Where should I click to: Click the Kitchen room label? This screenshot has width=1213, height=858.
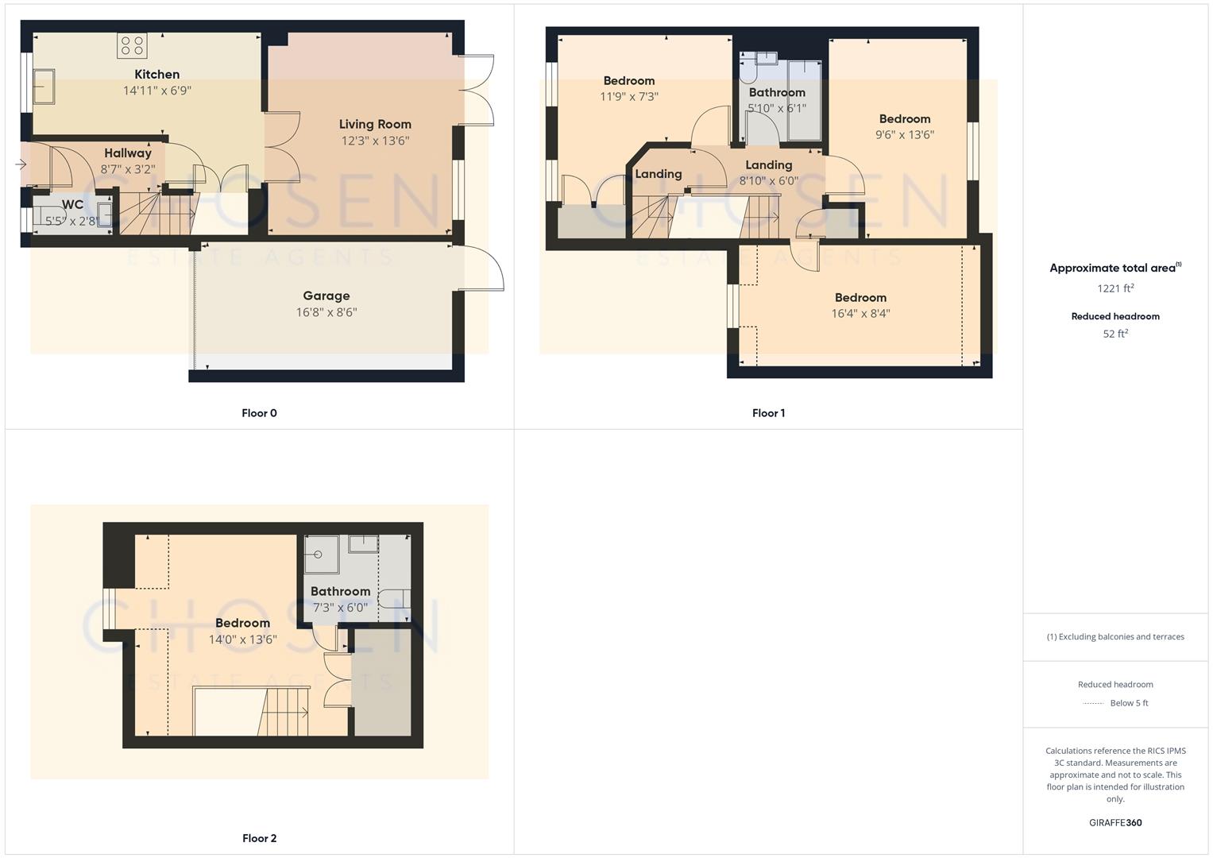point(156,75)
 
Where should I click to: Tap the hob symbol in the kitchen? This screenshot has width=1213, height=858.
point(132,45)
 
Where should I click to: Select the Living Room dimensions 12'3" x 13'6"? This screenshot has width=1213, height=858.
point(375,141)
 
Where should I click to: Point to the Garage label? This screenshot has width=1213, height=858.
point(326,296)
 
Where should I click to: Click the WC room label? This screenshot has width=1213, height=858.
point(72,205)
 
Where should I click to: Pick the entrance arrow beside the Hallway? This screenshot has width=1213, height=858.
point(21,164)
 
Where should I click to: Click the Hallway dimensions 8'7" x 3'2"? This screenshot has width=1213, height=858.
point(127,169)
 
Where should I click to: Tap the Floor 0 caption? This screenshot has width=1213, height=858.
point(259,413)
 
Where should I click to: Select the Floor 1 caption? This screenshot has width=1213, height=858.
point(768,413)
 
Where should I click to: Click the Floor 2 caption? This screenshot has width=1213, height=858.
point(259,838)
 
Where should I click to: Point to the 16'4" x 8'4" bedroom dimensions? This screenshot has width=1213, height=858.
point(860,314)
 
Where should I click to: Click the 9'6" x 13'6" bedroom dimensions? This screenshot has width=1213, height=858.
point(904,135)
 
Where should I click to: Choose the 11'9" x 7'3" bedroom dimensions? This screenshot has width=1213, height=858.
point(628,97)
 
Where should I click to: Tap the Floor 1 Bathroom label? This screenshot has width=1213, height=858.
point(777,93)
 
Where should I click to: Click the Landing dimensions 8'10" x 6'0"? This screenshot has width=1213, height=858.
point(768,181)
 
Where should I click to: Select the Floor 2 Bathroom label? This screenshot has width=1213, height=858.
point(340,592)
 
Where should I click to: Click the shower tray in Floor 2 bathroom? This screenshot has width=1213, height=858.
point(321,554)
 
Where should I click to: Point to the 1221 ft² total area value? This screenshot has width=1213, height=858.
point(1115,288)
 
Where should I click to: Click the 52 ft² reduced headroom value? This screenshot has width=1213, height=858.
point(1115,334)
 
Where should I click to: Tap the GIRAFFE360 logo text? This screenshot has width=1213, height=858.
point(1115,823)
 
